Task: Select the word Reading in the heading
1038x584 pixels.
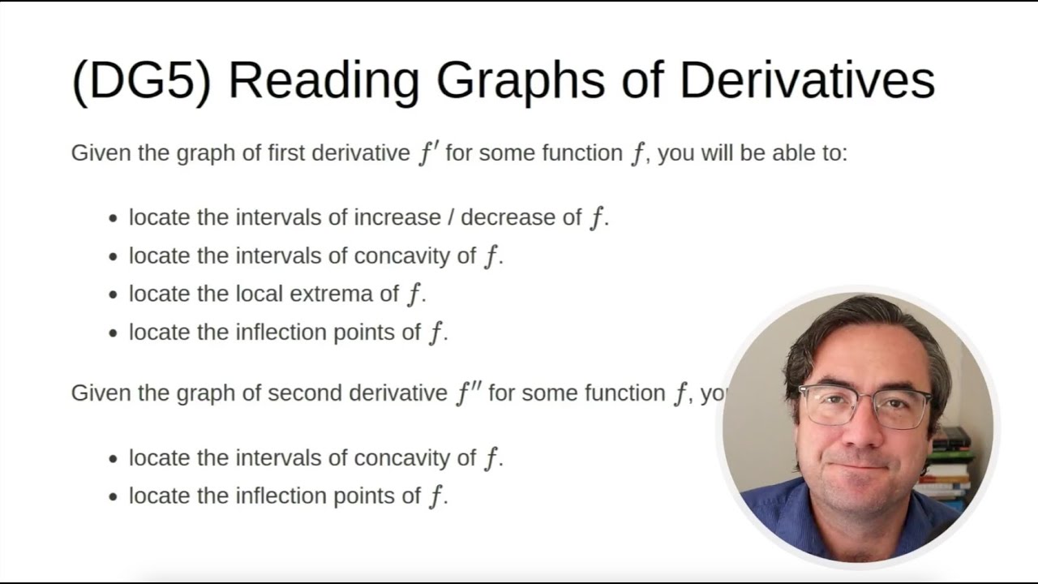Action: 323,80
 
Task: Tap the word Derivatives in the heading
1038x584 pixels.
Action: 806,80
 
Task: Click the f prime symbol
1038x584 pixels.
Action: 428,152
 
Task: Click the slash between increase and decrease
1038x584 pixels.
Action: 452,217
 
